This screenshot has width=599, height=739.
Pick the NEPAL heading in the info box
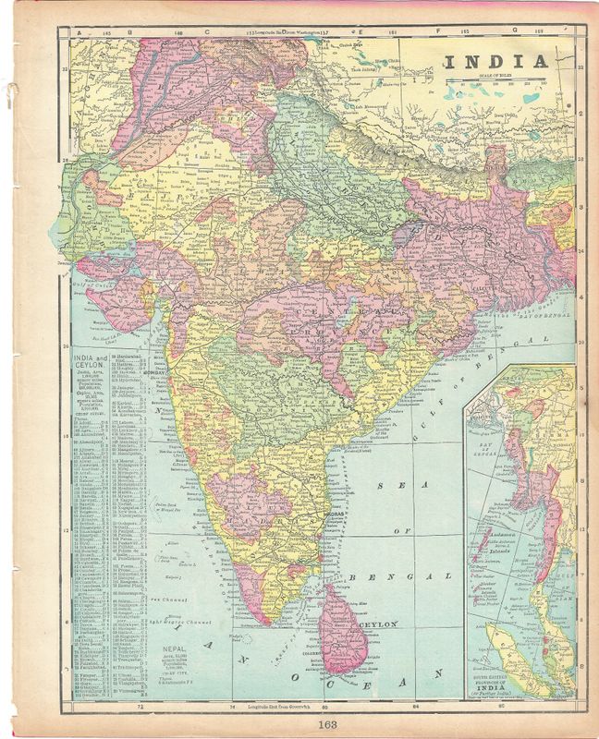[x=177, y=649]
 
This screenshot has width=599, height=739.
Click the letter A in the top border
[x=80, y=34]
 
